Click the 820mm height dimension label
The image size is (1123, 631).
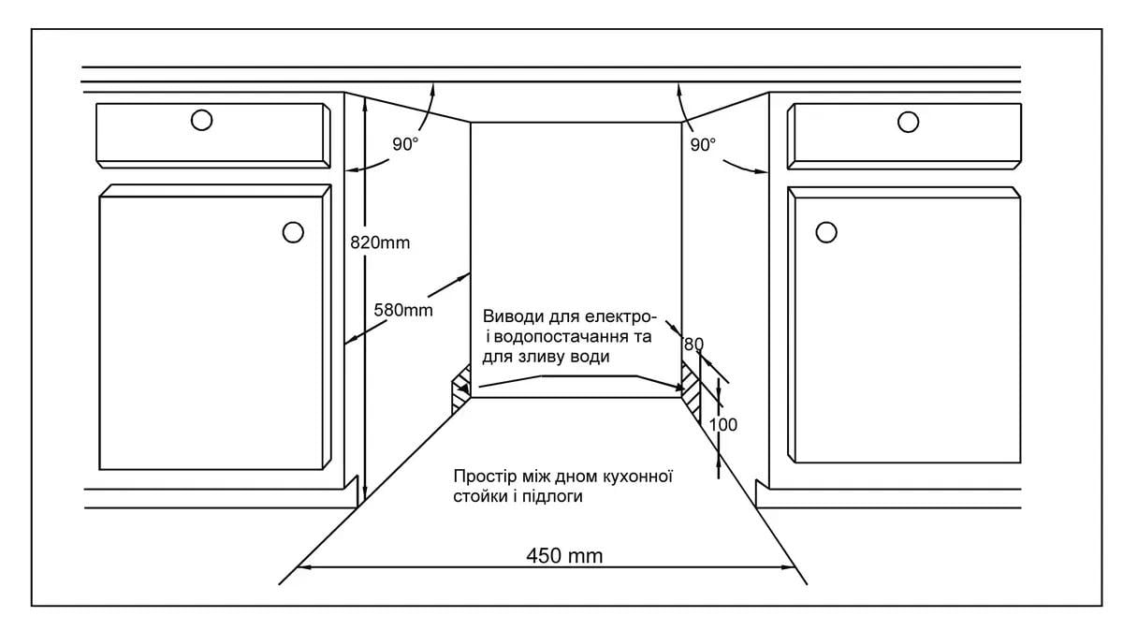pyautogui.click(x=380, y=242)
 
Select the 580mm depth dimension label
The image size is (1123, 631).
pyautogui.click(x=403, y=310)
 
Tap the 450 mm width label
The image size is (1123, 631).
pyautogui.click(x=564, y=556)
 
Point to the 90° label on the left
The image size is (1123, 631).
pyautogui.click(x=405, y=144)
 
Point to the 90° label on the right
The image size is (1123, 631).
pyautogui.click(x=703, y=145)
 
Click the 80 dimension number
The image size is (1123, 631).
pyautogui.click(x=693, y=345)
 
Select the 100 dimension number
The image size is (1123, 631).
pyautogui.click(x=722, y=425)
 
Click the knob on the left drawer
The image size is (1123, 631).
pyautogui.click(x=201, y=120)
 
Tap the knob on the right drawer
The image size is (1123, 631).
pyautogui.click(x=908, y=122)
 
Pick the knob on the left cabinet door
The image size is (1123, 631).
pyautogui.click(x=293, y=232)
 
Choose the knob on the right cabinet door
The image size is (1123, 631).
pyautogui.click(x=826, y=232)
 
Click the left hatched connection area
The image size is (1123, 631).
pyautogui.click(x=461, y=389)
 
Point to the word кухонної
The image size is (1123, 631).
pyautogui.click(x=637, y=476)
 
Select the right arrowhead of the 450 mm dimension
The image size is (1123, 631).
pyautogui.click(x=789, y=567)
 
